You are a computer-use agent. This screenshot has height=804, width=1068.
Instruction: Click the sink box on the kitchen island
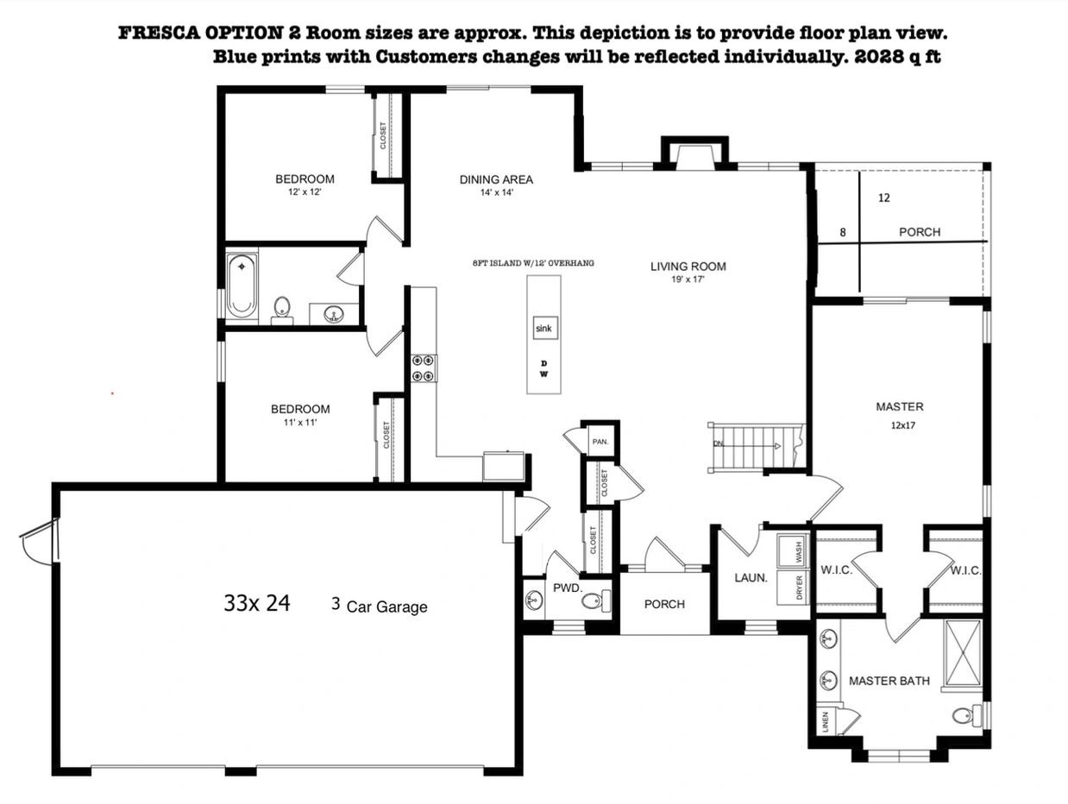coord(545,328)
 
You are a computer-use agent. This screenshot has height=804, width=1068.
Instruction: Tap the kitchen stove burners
coord(424,368)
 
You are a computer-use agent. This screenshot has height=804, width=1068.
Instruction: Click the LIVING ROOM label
coord(688,267)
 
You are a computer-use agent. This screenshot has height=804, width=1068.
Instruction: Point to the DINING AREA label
coord(496,180)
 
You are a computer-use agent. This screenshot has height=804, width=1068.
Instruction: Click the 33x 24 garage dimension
coord(257,603)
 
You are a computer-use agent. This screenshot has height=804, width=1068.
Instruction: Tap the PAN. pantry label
coord(600,442)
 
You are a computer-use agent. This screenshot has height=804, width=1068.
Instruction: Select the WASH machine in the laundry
coord(793,551)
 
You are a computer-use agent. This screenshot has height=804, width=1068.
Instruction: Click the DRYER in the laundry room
coord(793,587)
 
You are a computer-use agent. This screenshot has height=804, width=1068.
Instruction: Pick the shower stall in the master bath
coord(963,653)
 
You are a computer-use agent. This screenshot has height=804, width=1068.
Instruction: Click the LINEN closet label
coord(826,722)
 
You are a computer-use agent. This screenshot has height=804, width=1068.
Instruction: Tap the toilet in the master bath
coord(967,715)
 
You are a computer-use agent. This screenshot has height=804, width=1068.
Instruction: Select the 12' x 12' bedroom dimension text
coord(305,192)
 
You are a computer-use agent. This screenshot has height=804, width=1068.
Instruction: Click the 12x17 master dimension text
coord(903,425)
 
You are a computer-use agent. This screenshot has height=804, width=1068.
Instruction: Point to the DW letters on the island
coord(544,369)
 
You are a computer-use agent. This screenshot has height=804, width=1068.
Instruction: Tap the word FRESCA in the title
coord(158,33)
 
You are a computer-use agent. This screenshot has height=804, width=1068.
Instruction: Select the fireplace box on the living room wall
coord(694,154)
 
